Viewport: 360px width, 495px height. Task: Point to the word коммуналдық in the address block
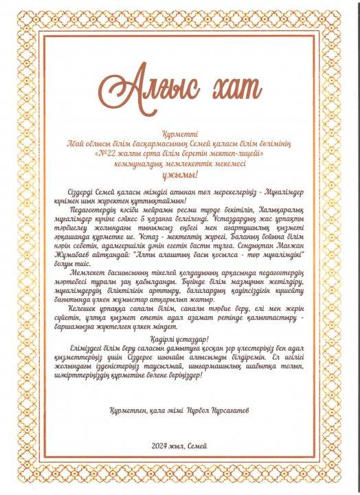[x=140, y=164]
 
